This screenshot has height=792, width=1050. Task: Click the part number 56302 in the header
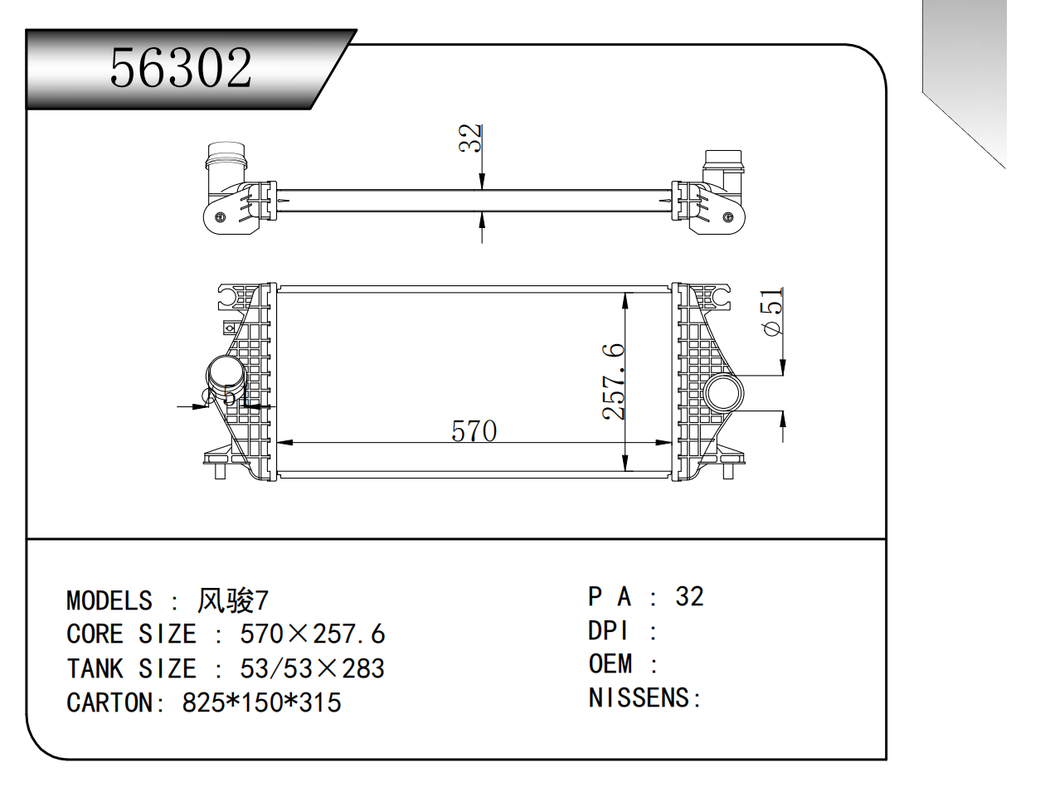point(181,68)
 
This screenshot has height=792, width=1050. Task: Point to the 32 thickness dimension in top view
point(470,138)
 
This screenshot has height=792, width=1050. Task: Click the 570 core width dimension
point(474,430)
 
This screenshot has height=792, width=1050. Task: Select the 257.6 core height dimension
point(613,381)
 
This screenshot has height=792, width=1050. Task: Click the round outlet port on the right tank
point(722,393)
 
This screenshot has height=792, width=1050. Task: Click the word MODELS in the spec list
point(109,600)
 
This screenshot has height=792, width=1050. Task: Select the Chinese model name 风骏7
point(232,600)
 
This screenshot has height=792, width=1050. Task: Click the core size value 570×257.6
point(312,634)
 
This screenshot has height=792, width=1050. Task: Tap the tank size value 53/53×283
point(312,668)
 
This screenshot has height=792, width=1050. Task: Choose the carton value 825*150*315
point(261,702)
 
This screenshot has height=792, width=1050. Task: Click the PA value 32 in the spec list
point(689,596)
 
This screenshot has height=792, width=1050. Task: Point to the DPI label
point(609,631)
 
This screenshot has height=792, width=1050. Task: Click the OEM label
point(610,664)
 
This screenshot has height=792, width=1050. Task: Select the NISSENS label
point(639,698)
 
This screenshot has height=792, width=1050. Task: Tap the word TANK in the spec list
point(95,668)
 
